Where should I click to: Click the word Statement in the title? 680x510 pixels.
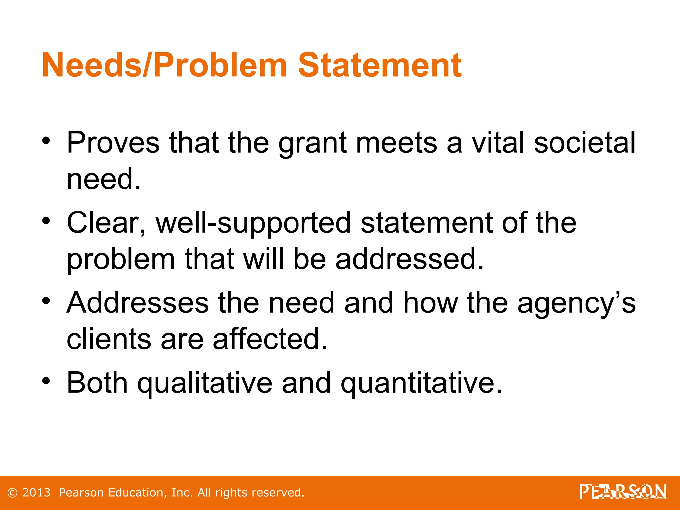380,65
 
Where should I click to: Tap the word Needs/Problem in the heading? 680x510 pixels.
164,65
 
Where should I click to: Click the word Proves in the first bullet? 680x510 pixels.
113,143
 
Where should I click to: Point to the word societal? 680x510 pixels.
584,143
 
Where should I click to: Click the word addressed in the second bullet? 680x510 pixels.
409,259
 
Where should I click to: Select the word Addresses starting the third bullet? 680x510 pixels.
137,303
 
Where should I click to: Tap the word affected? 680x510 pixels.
270,339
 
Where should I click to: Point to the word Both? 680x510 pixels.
97,383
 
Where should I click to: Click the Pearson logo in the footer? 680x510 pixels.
623,492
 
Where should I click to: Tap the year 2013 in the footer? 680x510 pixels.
36,493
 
